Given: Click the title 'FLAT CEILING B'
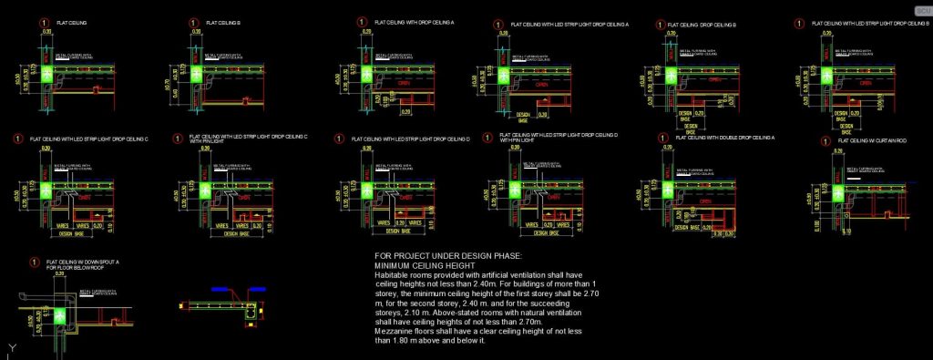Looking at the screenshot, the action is coord(223,21).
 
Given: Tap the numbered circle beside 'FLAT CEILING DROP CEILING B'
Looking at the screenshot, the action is coord(655,25).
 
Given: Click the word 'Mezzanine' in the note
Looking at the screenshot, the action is coord(394,331).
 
